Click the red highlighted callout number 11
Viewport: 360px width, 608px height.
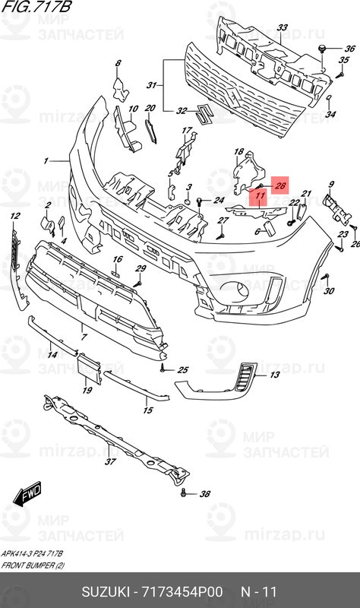point(259,198)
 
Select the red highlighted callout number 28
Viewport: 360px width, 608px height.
point(279,185)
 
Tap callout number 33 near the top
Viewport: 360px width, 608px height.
point(282,28)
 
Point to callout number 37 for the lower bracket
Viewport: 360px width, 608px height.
point(109,461)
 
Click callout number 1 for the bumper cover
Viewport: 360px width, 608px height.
point(46,161)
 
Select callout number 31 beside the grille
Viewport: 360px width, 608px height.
point(151,84)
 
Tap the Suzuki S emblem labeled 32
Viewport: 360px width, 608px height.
point(203,113)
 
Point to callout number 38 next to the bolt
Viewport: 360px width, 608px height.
point(204,495)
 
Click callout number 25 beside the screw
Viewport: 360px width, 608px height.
point(182,370)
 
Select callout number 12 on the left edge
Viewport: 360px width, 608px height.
point(14,217)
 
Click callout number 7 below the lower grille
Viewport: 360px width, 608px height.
point(84,335)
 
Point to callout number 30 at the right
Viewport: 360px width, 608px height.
point(329,292)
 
